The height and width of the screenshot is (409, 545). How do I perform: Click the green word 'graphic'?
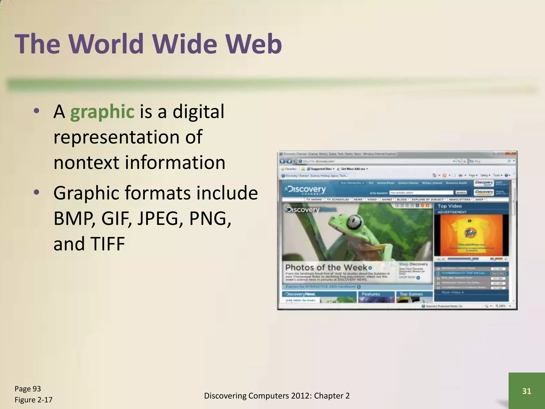coord(102,112)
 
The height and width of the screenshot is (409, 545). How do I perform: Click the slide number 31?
coord(527,391)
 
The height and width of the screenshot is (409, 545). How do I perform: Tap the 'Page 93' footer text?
coord(28,389)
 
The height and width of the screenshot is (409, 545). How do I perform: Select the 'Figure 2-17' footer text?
coord(33,400)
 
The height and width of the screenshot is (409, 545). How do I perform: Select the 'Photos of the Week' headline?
coord(326,267)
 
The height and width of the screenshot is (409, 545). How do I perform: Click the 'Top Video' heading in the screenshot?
coord(449,206)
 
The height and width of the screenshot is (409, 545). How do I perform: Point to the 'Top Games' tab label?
coord(411,294)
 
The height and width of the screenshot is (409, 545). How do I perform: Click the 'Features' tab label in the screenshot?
coord(371,294)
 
